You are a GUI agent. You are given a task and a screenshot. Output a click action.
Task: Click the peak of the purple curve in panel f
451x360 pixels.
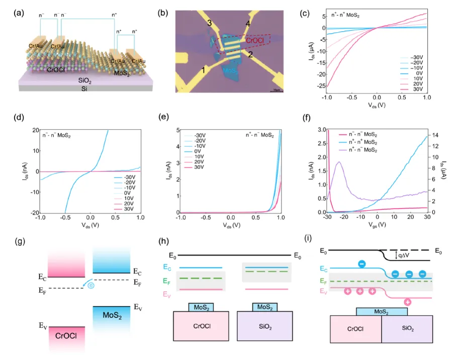pyautogui.click(x=339, y=162)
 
